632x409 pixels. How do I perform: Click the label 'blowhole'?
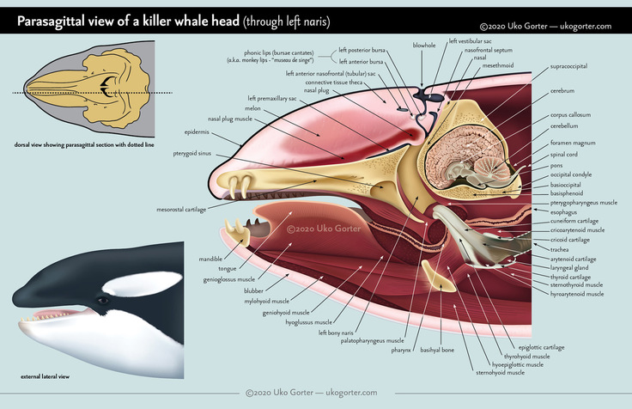point(423,45)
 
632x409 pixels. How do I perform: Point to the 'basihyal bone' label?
point(436,349)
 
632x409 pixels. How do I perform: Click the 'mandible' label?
point(212,259)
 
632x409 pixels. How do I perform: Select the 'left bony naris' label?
point(336,332)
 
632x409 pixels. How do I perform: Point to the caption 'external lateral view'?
point(45,376)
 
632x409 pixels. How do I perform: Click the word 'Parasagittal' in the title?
point(58,21)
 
